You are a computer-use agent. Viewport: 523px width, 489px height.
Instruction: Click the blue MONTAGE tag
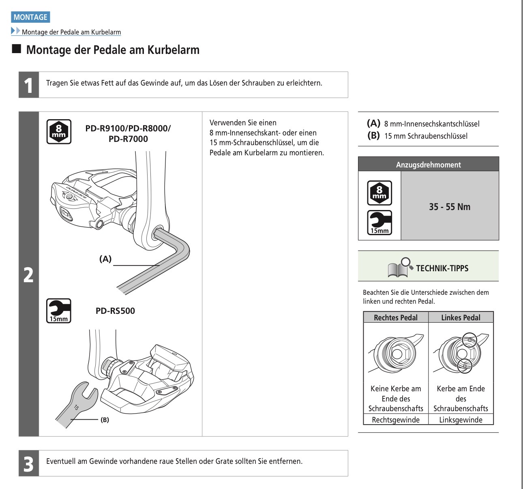30,17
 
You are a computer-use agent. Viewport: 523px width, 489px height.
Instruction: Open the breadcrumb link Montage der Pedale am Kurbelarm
71,32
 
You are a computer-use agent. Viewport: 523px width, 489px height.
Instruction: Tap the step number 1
28,85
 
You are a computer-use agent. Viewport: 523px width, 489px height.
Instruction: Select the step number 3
28,463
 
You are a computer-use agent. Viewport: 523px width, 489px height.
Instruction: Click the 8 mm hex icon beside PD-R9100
59,131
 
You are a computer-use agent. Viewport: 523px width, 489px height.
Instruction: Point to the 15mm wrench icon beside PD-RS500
59,311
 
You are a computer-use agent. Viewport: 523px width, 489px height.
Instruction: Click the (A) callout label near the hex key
105,259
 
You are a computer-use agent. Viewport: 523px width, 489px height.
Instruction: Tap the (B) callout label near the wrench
105,420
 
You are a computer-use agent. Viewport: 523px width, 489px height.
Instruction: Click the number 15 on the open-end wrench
76,407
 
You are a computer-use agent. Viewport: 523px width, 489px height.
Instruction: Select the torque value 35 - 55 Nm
450,207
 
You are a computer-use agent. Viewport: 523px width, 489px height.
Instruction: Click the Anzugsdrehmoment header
428,165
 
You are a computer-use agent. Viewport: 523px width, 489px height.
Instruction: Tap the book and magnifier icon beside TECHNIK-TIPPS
399,268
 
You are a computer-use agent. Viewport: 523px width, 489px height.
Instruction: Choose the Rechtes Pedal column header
396,317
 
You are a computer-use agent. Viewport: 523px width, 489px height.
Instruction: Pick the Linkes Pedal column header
461,317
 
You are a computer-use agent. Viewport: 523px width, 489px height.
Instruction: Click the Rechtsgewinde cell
396,420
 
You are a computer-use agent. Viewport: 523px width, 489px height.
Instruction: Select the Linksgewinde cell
461,420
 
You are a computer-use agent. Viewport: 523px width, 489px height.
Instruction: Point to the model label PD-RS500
115,311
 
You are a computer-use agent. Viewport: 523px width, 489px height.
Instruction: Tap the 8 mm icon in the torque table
379,193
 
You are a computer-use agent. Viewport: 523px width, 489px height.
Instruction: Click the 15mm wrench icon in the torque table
379,223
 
